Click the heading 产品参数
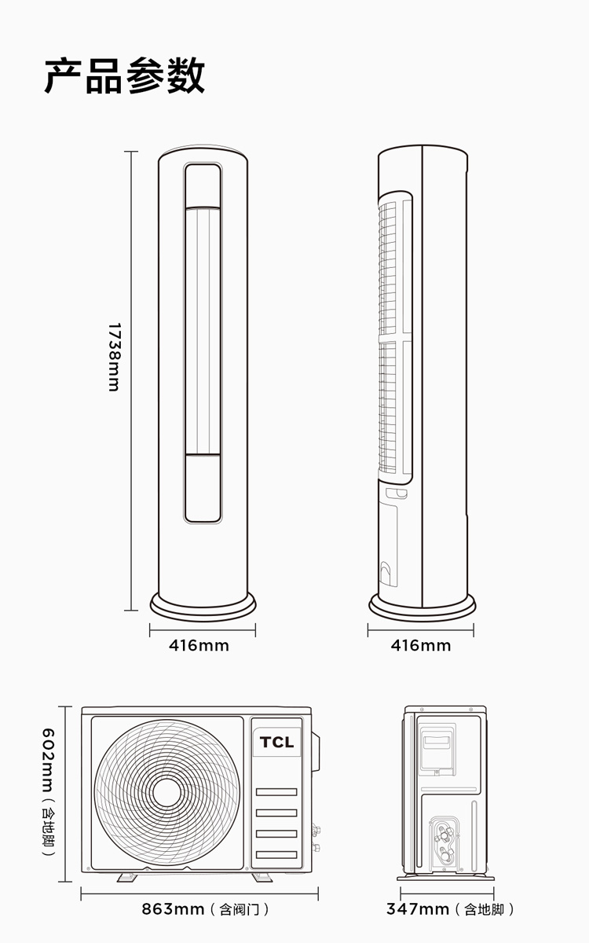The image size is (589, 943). (125, 76)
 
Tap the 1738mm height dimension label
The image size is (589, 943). (115, 357)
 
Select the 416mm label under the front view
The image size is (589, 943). (199, 645)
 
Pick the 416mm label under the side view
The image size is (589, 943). (421, 645)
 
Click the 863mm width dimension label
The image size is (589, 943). (173, 909)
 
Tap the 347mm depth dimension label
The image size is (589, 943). (418, 909)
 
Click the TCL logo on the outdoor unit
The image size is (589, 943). (276, 742)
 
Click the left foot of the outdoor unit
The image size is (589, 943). (127, 877)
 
